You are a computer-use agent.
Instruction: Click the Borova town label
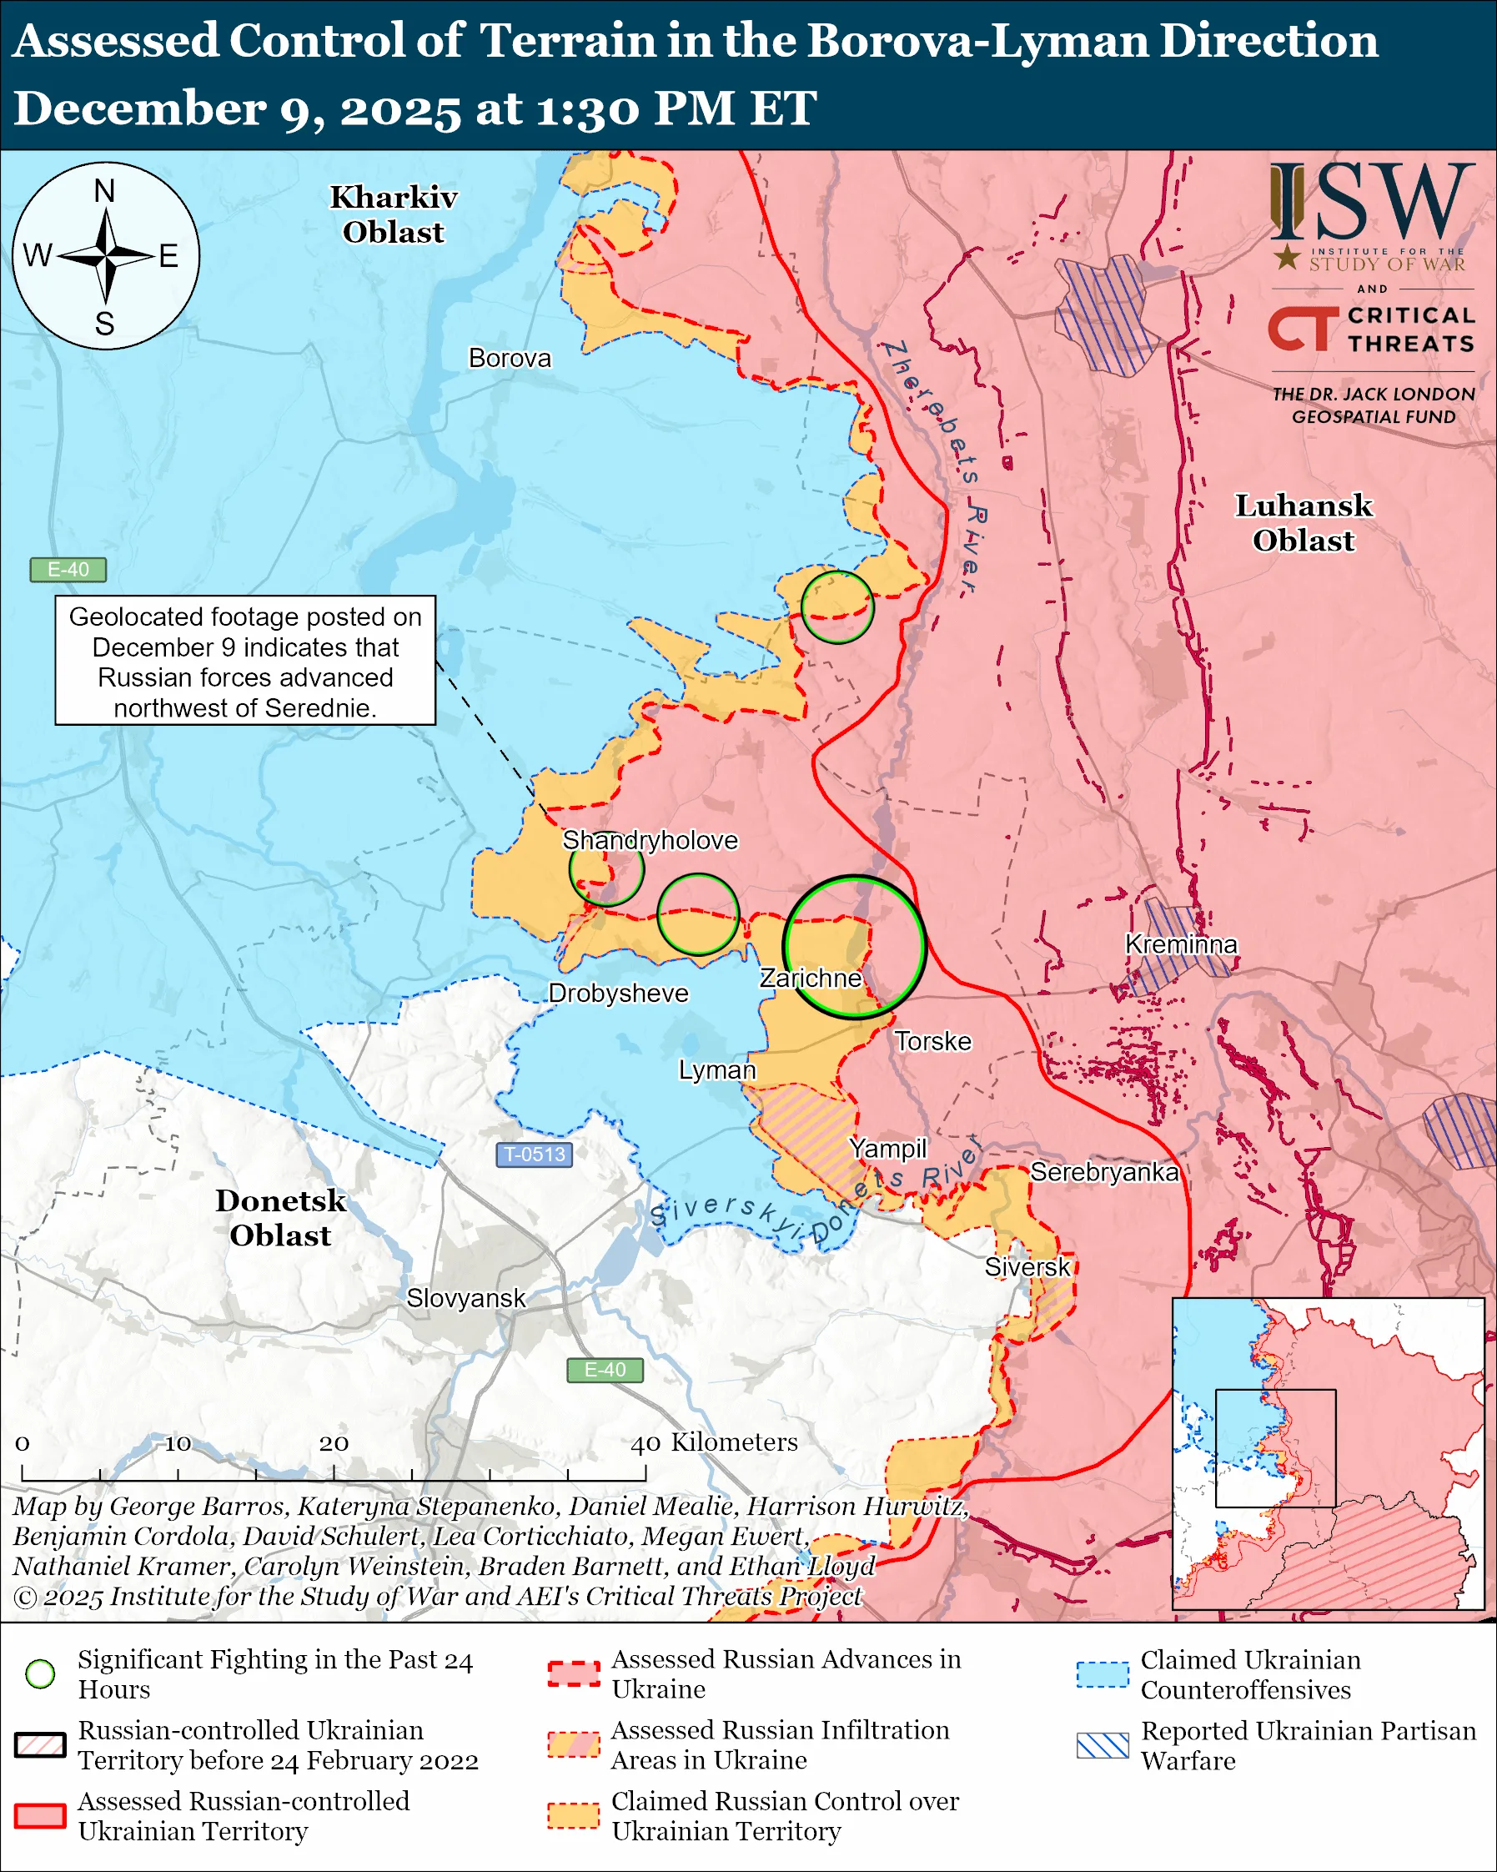(x=510, y=359)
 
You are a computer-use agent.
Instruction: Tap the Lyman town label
(x=717, y=1069)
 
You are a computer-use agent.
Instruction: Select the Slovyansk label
(x=466, y=1298)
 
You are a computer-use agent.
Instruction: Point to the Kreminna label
(x=1180, y=944)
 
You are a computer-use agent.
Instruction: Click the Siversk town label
(x=1027, y=1267)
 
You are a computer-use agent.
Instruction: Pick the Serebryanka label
(x=1104, y=1172)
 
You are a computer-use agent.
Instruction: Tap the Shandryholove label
(x=650, y=841)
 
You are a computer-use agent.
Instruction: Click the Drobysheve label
(x=618, y=994)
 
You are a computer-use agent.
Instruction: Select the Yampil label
(x=888, y=1149)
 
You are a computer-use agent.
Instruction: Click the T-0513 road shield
(x=534, y=1155)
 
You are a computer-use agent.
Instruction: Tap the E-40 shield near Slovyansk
(x=605, y=1369)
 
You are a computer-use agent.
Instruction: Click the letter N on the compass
(x=105, y=191)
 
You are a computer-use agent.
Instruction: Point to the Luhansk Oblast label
(x=1304, y=523)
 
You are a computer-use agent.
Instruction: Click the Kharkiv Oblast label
(x=393, y=214)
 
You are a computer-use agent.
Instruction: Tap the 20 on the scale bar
(x=334, y=1444)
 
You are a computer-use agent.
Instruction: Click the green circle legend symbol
(x=41, y=1673)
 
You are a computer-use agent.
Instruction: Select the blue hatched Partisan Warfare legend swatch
(x=1103, y=1745)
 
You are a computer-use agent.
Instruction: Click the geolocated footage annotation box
(x=245, y=661)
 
